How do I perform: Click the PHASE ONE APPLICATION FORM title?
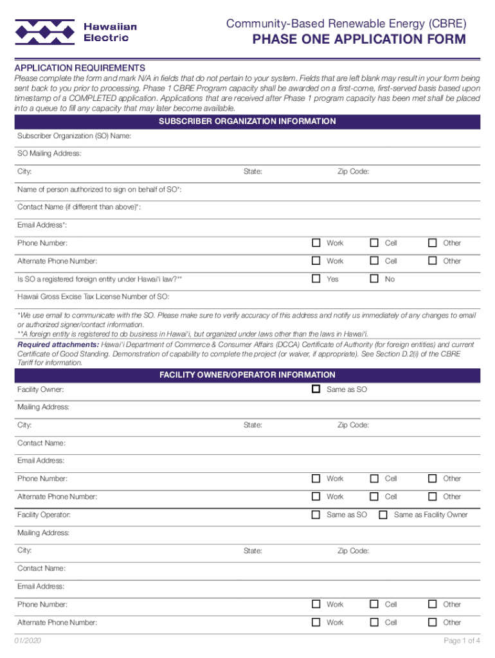(359, 40)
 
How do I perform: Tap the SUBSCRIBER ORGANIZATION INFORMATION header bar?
(248, 121)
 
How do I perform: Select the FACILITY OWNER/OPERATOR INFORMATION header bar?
(248, 375)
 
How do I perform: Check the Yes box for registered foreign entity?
(316, 279)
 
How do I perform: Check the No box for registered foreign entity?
(374, 279)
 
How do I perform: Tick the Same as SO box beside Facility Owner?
(316, 389)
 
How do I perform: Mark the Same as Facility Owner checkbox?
(383, 515)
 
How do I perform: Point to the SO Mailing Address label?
(50, 154)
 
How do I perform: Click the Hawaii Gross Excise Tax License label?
(93, 297)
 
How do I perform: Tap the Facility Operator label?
(44, 515)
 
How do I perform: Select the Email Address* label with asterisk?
(42, 225)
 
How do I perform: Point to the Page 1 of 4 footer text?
(462, 641)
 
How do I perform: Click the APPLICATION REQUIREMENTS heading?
(80, 67)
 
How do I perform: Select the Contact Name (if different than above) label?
(79, 208)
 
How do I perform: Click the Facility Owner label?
(40, 390)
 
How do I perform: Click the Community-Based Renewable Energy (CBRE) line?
(346, 24)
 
